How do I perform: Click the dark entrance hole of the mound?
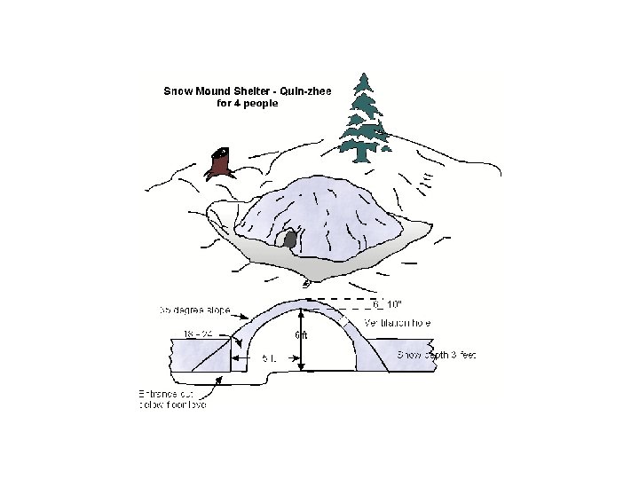[289, 238]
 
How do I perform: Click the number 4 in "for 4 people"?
[238, 103]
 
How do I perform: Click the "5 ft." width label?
[271, 358]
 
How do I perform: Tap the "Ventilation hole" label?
[398, 323]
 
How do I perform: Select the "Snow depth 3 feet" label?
[436, 355]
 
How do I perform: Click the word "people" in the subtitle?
[261, 103]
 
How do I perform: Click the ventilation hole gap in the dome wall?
[340, 318]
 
